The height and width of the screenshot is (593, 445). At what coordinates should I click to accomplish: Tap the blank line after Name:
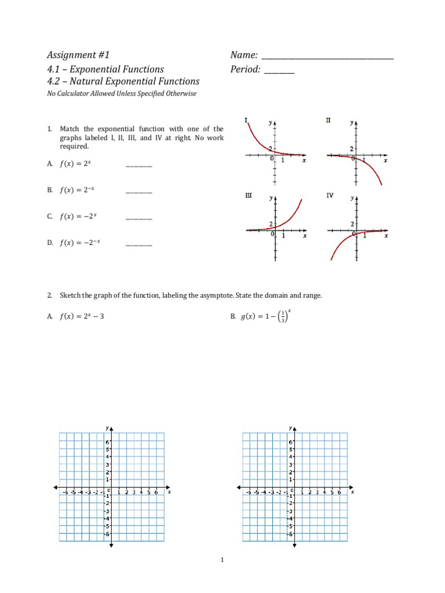[327, 58]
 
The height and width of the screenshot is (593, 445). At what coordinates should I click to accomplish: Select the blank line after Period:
[279, 72]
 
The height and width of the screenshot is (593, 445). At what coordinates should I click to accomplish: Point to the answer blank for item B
[138, 192]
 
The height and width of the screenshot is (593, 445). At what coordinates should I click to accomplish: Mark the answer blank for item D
[138, 246]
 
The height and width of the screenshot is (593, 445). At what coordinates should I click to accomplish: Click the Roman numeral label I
[246, 120]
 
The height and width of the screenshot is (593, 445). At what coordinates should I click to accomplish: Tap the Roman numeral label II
[328, 120]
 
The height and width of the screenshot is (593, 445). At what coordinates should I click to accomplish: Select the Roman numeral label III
[248, 196]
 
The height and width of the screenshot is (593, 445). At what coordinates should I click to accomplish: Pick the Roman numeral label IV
[329, 196]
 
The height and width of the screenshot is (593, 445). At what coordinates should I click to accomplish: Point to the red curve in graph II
[371, 168]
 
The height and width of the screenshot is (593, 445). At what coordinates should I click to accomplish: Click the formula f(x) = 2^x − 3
[82, 316]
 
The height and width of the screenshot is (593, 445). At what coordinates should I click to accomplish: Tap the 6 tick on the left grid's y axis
[107, 442]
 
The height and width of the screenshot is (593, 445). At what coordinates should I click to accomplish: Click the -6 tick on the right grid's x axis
[248, 492]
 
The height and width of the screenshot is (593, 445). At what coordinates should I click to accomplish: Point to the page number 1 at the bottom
[222, 560]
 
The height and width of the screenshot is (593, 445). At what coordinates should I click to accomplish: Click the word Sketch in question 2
[70, 295]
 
